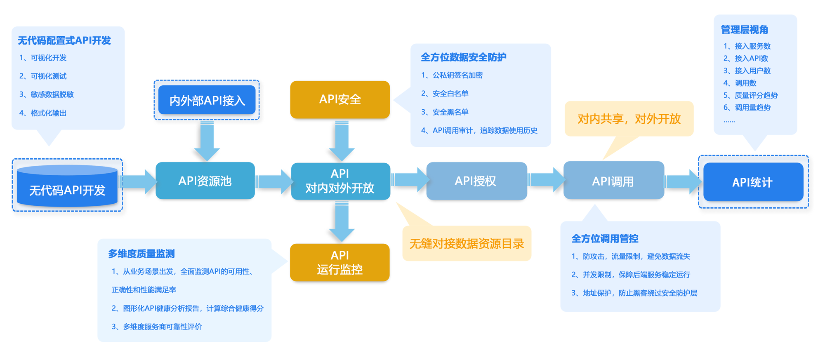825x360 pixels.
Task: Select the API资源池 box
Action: [x=205, y=181]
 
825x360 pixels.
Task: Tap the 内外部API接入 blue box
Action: [x=207, y=100]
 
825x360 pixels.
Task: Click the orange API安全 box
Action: [x=340, y=99]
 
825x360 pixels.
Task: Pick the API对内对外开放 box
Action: [x=340, y=181]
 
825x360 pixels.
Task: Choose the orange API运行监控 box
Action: [x=339, y=262]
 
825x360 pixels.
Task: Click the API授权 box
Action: [x=476, y=181]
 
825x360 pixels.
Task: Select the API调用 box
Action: [x=613, y=181]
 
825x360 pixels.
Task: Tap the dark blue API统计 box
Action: [x=753, y=182]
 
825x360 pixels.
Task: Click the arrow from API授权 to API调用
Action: [x=545, y=180]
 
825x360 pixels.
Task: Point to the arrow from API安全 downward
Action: [x=342, y=140]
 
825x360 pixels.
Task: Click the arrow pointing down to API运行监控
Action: [x=342, y=221]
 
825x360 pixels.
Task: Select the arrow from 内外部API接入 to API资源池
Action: [x=207, y=140]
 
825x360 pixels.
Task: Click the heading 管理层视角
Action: [x=744, y=30]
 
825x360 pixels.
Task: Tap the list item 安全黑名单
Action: [x=450, y=112]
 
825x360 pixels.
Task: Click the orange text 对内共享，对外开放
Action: [x=629, y=119]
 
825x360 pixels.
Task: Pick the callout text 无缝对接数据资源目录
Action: [x=466, y=244]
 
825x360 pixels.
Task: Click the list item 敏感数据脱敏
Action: [x=52, y=94]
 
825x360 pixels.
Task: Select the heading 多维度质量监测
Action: [x=141, y=254]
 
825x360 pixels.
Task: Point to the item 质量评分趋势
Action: [x=756, y=95]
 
